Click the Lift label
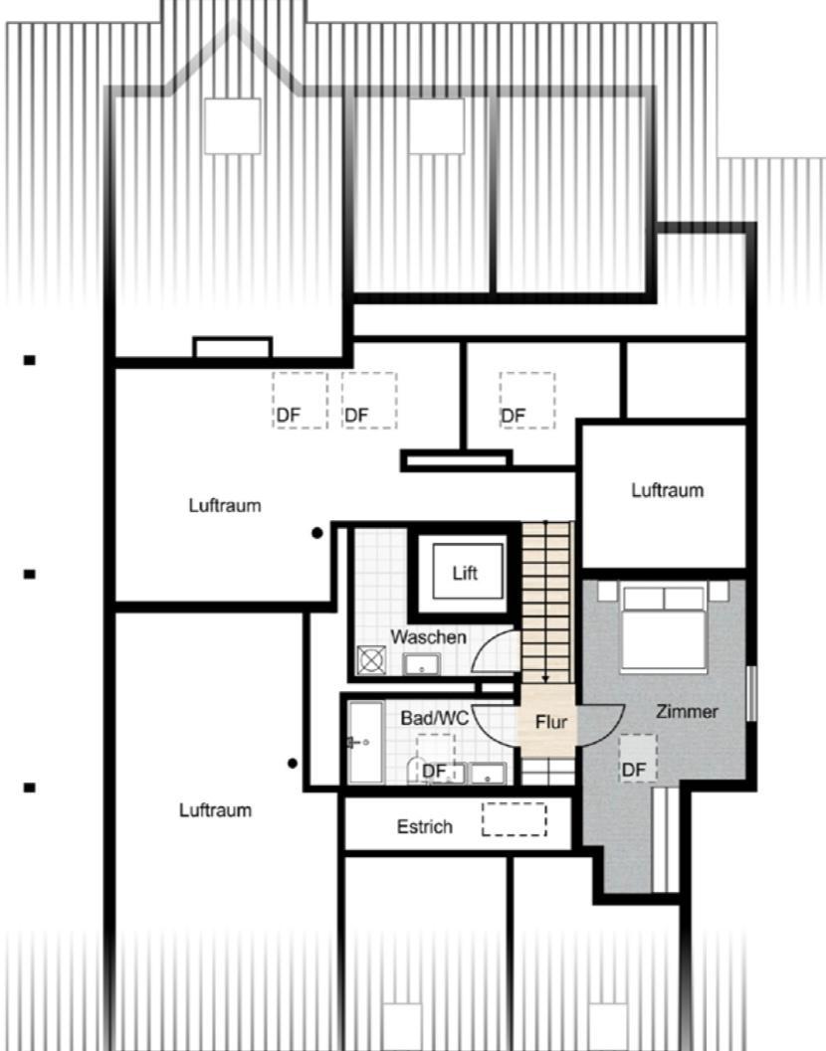(465, 573)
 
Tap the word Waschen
(428, 636)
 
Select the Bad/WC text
(434, 719)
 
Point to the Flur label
(551, 723)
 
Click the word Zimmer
(687, 712)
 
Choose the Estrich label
(425, 827)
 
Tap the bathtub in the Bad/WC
(365, 743)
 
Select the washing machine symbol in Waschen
(371, 660)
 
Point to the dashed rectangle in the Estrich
(514, 819)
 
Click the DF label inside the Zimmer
(633, 771)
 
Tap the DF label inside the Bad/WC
(434, 772)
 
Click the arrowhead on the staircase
(545, 679)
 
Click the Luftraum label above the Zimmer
(668, 490)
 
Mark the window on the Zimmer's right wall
(752, 694)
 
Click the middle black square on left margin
(30, 575)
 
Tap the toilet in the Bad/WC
(416, 771)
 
